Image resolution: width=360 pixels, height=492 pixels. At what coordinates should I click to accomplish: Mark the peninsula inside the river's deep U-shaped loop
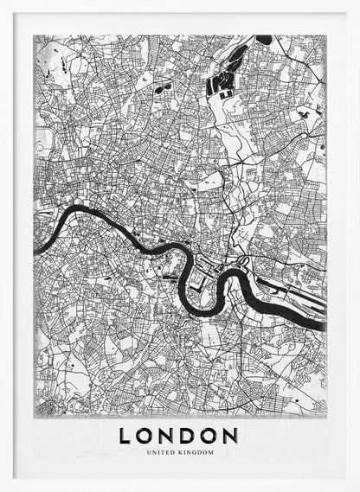coord(204,285)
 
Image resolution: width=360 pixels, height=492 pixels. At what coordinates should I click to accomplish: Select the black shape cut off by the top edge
coord(263,39)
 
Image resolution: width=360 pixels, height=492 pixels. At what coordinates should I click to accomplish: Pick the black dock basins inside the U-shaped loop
coord(201,278)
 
